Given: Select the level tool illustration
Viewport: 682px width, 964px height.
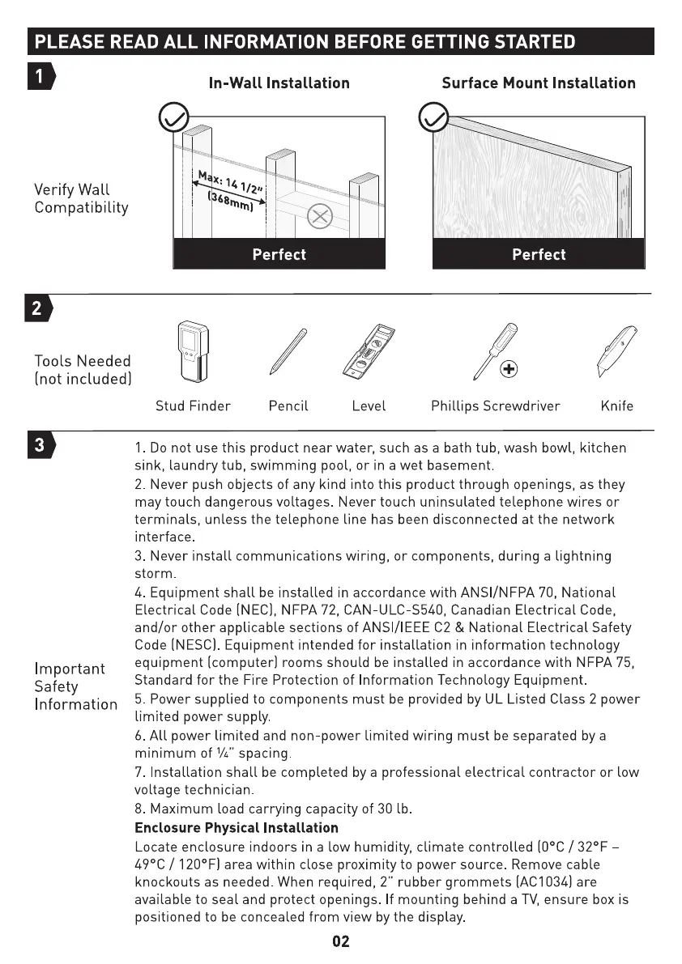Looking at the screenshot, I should point(369,353).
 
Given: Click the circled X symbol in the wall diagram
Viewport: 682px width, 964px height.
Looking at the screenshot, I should point(321,216).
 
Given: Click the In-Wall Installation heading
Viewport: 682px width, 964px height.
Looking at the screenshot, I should point(279,83).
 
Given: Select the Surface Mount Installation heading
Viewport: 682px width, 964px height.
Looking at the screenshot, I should point(539,83).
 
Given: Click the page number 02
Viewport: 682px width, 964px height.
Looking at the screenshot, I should point(341,941).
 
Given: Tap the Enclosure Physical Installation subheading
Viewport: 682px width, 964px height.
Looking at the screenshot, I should point(236,828).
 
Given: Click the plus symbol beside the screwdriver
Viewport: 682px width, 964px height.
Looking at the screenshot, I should point(509,370).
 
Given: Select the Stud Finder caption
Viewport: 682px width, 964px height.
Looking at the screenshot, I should point(193,406).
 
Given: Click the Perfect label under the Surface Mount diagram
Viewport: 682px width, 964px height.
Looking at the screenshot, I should point(539,254).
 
